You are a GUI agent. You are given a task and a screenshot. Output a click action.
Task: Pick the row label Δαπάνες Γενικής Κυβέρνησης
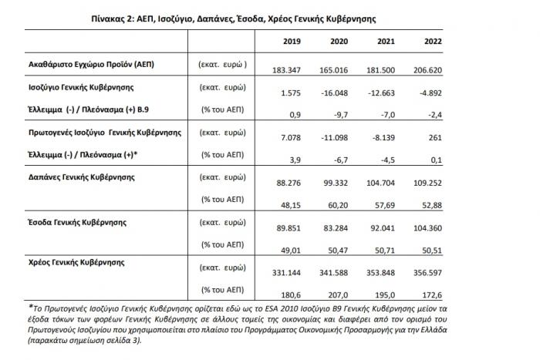[76, 177]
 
